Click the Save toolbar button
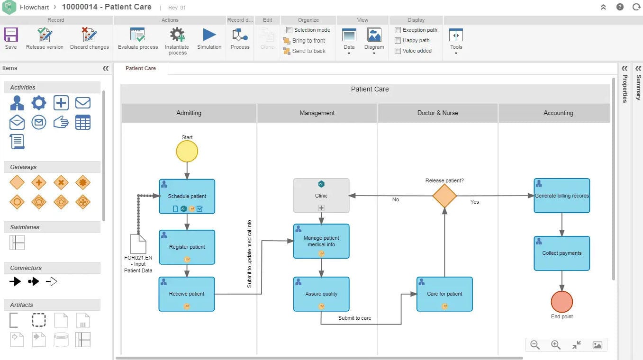[11, 38]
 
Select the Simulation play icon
[209, 36]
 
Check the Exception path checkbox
[398, 30]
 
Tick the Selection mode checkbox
[289, 30]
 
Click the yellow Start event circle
[187, 152]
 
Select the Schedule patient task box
[187, 196]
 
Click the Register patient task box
[187, 247]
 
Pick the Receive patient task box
[187, 294]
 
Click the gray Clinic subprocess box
[321, 195]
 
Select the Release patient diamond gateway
[444, 196]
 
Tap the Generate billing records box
[561, 196]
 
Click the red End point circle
[561, 302]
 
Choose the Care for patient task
[444, 294]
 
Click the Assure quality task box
[321, 294]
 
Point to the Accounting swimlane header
[558, 113]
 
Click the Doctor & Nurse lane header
[437, 113]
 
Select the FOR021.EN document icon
[138, 244]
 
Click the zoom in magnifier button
[556, 345]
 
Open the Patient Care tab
[141, 68]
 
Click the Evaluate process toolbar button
[138, 38]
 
